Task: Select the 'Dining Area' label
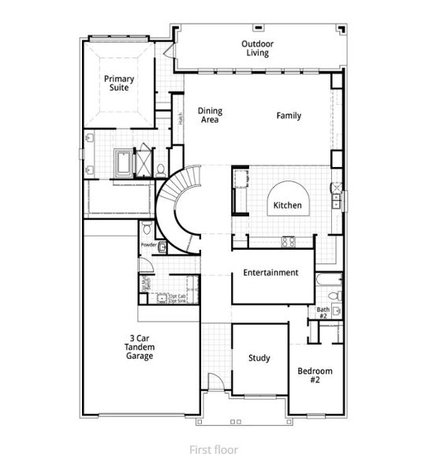pyautogui.click(x=209, y=116)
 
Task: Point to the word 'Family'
pyautogui.click(x=288, y=116)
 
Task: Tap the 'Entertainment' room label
pyautogui.click(x=270, y=273)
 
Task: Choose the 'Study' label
pyautogui.click(x=259, y=358)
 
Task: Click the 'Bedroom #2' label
pyautogui.click(x=315, y=375)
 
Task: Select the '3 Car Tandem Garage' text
pyautogui.click(x=141, y=348)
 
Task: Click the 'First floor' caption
pyautogui.click(x=213, y=450)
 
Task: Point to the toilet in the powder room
pyautogui.click(x=147, y=229)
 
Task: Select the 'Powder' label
pyautogui.click(x=148, y=245)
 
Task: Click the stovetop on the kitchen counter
pyautogui.click(x=288, y=240)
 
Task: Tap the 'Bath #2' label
pyautogui.click(x=323, y=313)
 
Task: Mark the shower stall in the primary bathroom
pyautogui.click(x=144, y=162)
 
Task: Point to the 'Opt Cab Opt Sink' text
pyautogui.click(x=177, y=298)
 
